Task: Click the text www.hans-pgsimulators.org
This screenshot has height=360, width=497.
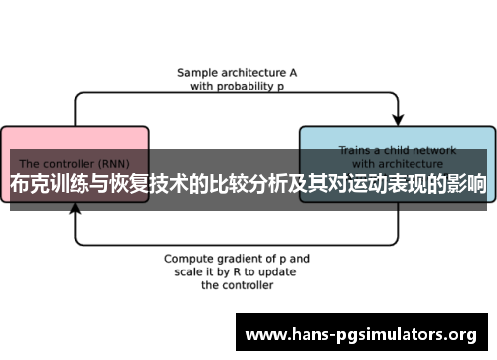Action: (x=361, y=334)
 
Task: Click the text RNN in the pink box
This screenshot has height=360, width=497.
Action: (x=129, y=163)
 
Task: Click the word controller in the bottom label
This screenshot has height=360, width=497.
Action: (x=248, y=284)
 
